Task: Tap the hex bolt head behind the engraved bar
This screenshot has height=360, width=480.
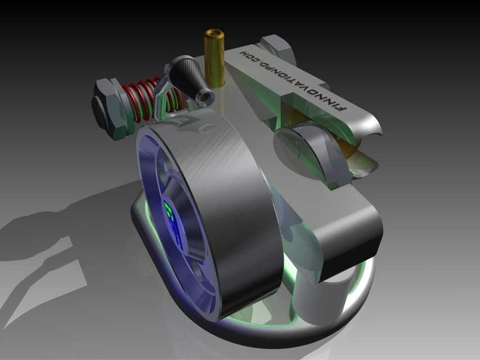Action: pyautogui.click(x=276, y=47)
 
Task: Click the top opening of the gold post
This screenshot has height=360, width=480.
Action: pyautogui.click(x=214, y=36)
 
